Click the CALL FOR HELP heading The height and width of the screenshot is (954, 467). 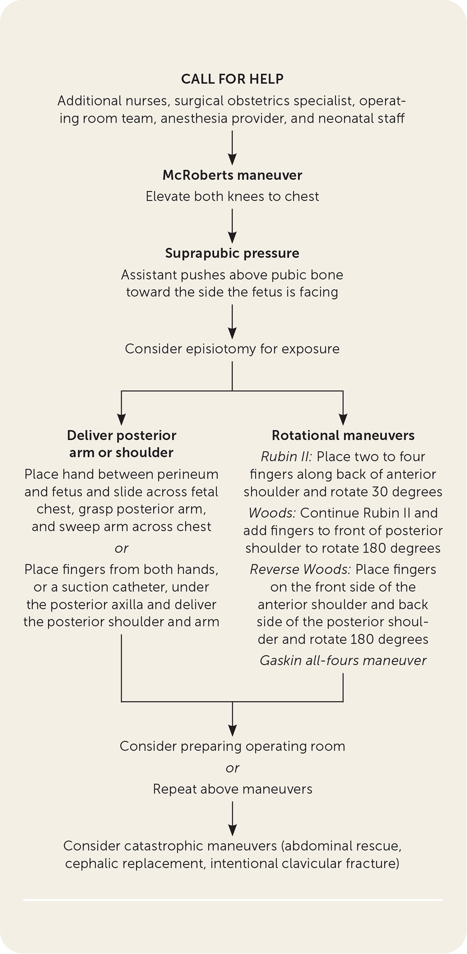point(232,79)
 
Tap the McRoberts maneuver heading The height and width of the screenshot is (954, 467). point(232,175)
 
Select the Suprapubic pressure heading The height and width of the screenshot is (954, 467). point(232,253)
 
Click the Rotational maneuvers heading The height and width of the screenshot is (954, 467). point(343,435)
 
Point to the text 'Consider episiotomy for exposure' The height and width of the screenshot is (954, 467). point(232,349)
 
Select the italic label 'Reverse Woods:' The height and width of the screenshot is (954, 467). point(301,569)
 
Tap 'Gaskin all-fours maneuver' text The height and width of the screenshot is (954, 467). point(343,660)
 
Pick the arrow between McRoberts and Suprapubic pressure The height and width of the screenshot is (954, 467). point(232,226)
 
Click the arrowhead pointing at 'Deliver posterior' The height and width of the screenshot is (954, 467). point(121,419)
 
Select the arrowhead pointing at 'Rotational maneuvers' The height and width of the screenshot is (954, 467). point(343,419)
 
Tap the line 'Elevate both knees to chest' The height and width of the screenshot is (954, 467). point(232,196)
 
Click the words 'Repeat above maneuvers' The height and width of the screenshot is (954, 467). point(232,789)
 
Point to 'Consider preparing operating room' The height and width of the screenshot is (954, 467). point(232,746)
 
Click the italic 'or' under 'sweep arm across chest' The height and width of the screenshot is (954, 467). point(121,548)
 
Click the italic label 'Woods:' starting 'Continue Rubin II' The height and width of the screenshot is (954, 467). point(273,513)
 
